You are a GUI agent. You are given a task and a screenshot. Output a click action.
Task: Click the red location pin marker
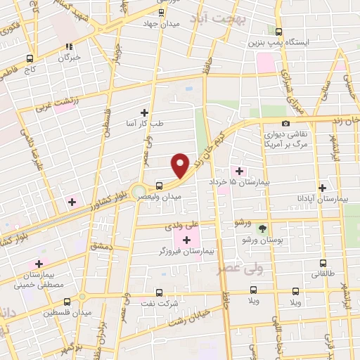tap(180, 165)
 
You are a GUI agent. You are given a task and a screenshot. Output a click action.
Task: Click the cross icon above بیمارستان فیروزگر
tap(186, 240)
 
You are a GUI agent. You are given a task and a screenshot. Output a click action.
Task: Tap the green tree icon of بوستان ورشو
tap(262, 228)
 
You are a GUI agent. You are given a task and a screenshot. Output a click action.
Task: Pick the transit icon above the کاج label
tap(30, 59)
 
